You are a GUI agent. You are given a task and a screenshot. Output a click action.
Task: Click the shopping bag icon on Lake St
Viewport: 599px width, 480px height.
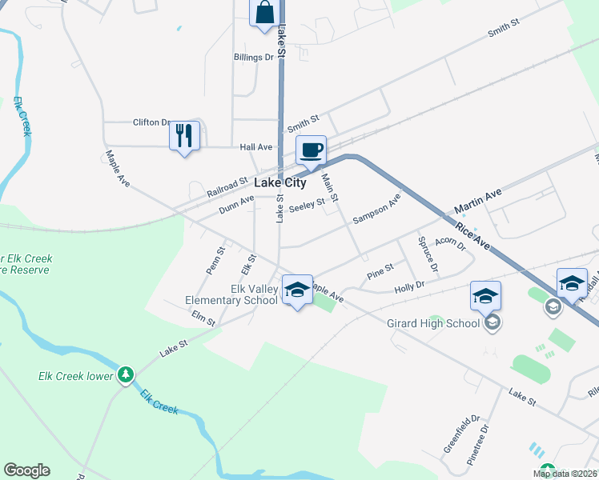coord(264,14)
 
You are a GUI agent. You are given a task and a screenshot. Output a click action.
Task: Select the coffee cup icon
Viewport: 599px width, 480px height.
coord(311,149)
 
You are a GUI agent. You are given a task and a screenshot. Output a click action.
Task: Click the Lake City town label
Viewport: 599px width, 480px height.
coord(280,182)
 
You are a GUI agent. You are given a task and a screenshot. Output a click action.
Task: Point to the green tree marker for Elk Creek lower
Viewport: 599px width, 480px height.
coord(125,374)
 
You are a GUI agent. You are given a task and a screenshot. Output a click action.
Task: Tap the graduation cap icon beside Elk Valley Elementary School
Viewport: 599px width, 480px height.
coord(296,290)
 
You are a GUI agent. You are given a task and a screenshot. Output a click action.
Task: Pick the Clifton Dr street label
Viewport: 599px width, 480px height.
coord(152,122)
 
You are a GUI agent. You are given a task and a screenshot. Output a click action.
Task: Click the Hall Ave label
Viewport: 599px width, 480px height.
coord(256,147)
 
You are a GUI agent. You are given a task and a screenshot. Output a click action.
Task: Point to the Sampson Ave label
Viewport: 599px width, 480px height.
coord(376,210)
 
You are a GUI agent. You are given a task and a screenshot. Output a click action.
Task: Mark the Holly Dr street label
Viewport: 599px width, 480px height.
coord(408,286)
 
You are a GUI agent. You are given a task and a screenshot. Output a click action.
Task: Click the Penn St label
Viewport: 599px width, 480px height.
coord(215,262)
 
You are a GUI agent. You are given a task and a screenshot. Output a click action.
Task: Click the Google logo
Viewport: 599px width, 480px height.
coord(26,470)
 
